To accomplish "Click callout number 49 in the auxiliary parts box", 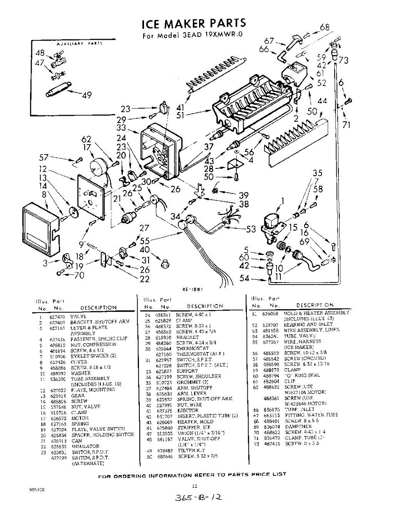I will (86, 95).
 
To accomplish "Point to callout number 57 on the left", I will (44, 157).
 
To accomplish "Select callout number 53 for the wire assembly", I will (251, 229).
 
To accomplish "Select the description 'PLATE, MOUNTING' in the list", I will (87, 389).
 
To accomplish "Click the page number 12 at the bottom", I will (195, 486).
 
